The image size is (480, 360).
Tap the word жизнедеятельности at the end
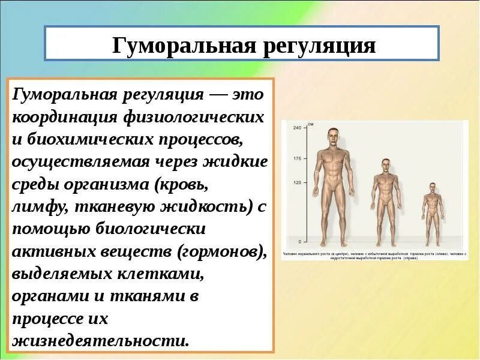pos(100,341)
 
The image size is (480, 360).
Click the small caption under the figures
pos(374,256)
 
